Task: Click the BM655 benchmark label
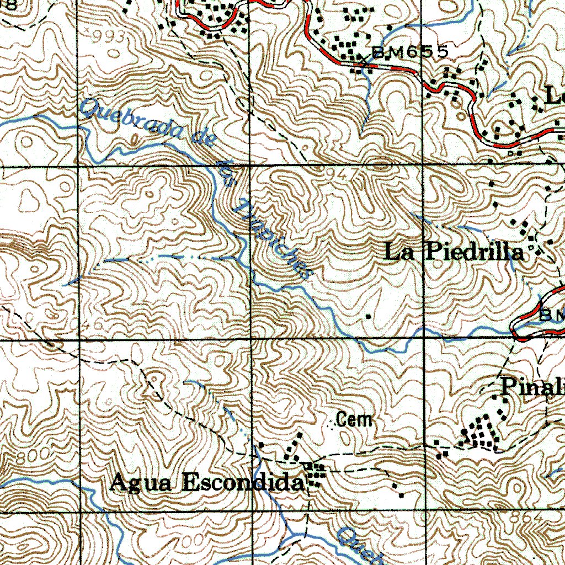pyautogui.click(x=409, y=52)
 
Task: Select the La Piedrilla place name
pyautogui.click(x=454, y=253)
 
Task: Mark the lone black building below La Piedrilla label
pyautogui.click(x=369, y=316)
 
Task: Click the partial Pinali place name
pyautogui.click(x=532, y=387)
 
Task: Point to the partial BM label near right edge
pyautogui.click(x=552, y=315)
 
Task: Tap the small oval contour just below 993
pyautogui.click(x=114, y=54)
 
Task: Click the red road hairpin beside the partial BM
pyautogui.click(x=516, y=328)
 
